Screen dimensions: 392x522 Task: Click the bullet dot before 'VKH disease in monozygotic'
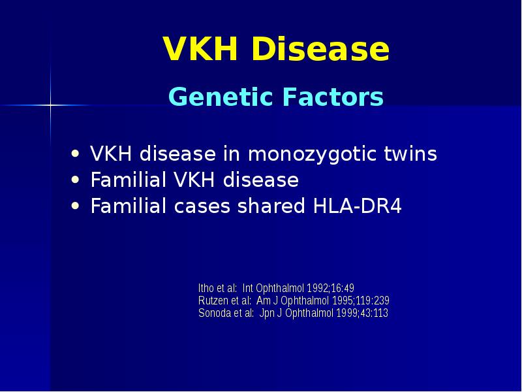77,155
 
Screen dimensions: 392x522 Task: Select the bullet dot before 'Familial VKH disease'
77,180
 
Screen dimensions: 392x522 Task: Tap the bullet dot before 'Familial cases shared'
77,206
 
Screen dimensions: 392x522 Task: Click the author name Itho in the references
207,288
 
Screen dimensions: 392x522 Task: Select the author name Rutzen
213,301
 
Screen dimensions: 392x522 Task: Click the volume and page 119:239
372,301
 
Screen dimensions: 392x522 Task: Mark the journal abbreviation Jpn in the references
267,313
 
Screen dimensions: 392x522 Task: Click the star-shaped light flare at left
50,105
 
